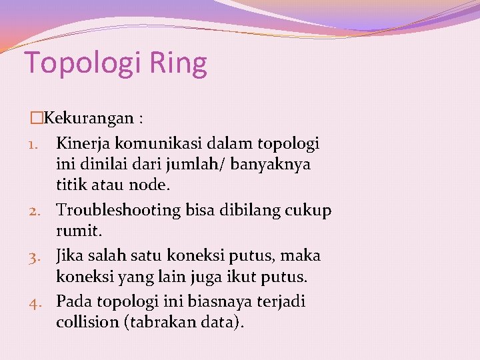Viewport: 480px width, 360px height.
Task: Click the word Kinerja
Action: [x=83, y=143]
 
